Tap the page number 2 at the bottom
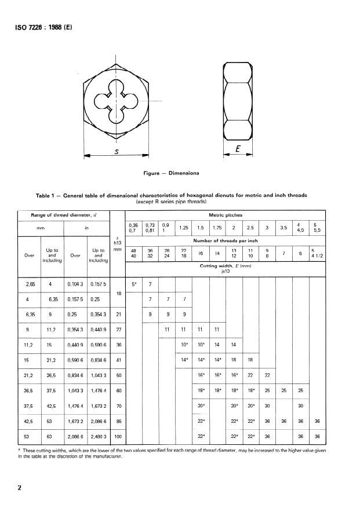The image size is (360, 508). (20, 488)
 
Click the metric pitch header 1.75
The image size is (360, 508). (216, 228)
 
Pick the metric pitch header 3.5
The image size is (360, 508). (283, 228)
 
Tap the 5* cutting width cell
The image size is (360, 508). (134, 284)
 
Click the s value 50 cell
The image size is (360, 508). (118, 375)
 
